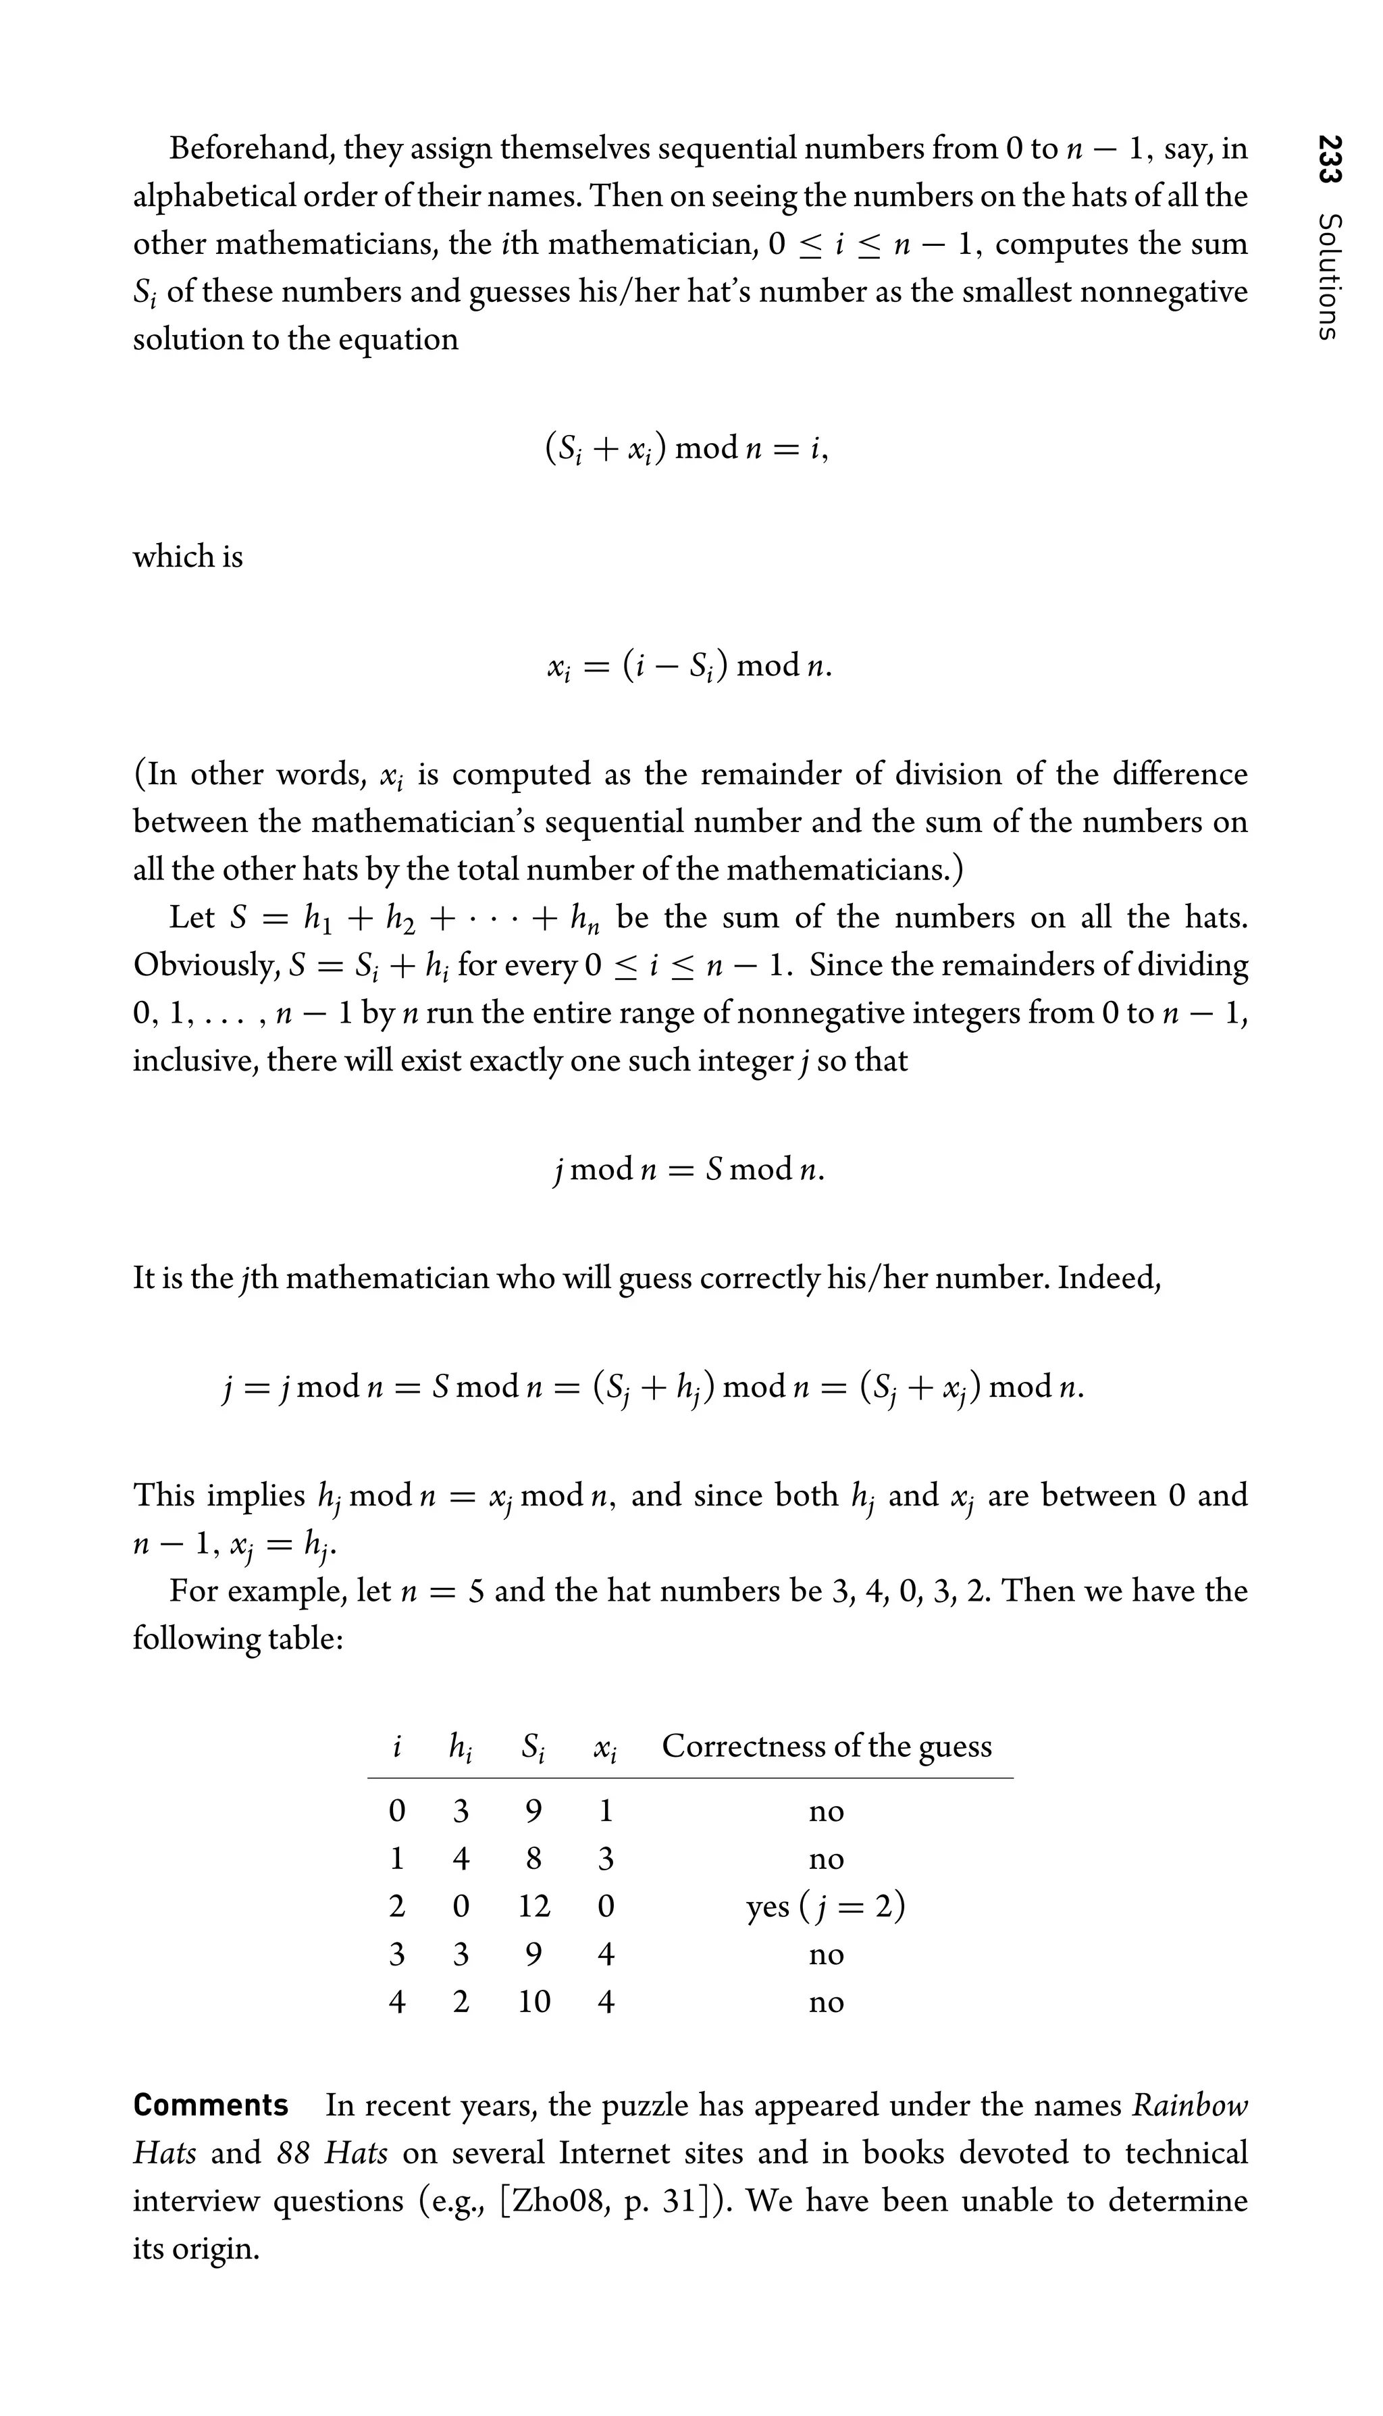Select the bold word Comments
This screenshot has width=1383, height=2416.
point(211,2105)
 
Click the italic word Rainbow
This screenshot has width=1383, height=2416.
point(1190,2105)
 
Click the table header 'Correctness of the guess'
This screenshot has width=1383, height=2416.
point(827,1746)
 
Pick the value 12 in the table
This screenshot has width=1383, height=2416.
point(534,1906)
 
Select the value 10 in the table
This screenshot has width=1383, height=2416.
point(534,2002)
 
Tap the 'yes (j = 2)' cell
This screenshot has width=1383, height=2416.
point(825,1906)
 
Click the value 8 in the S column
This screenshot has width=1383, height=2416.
point(534,1858)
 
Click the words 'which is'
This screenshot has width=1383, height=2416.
point(188,556)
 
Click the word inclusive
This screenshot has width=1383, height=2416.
point(194,1060)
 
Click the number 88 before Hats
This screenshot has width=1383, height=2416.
point(294,2153)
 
